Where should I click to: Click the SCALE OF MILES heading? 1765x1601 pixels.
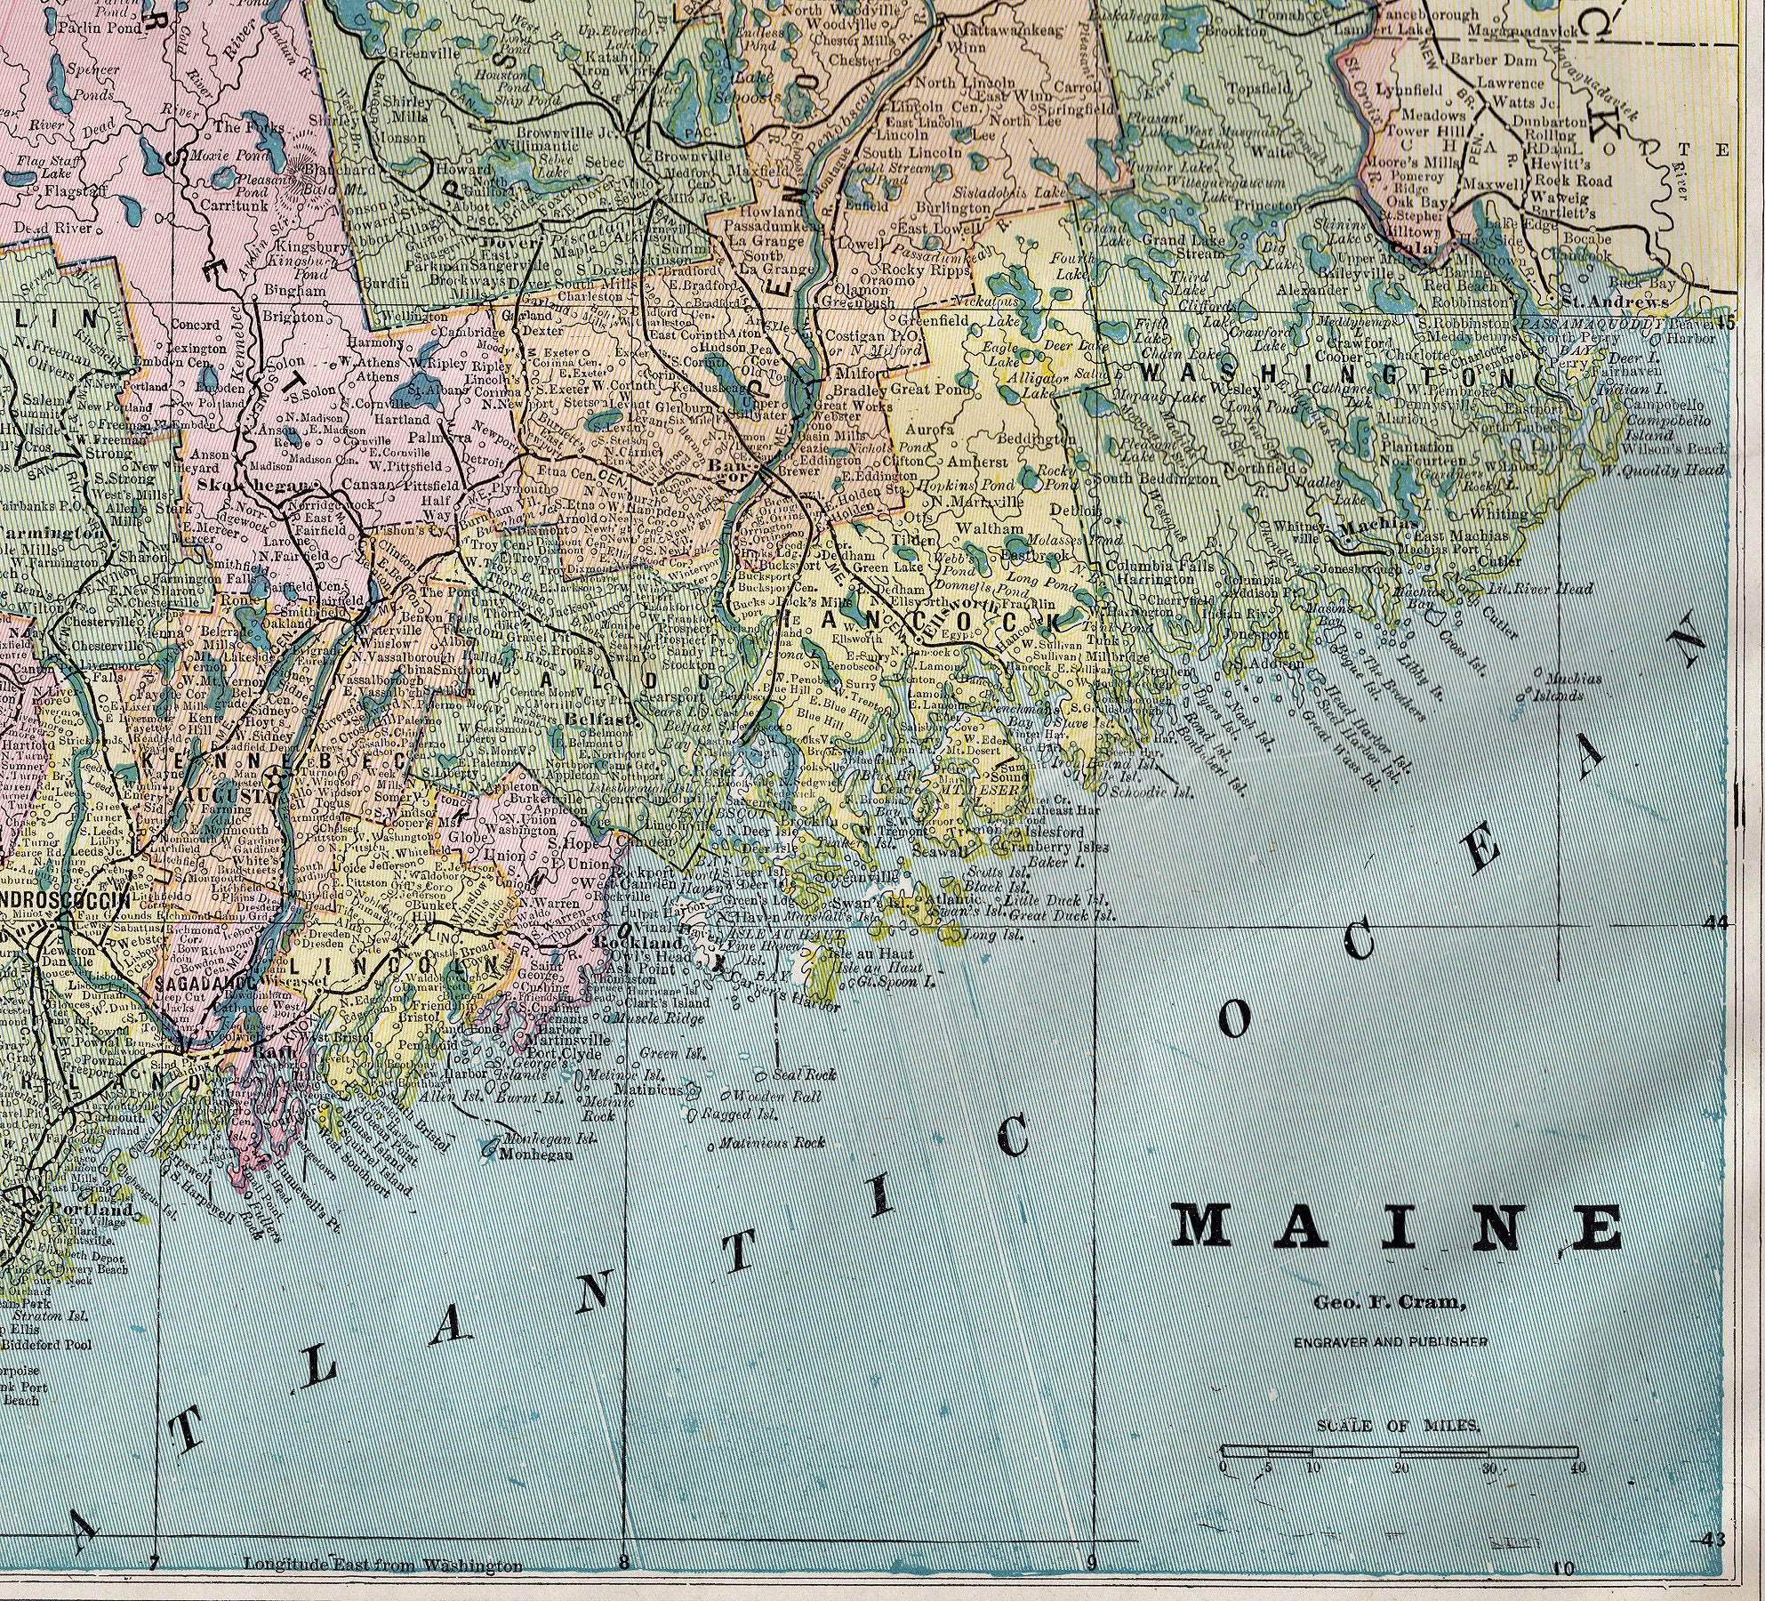point(1398,1426)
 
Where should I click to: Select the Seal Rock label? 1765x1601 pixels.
point(806,1074)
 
